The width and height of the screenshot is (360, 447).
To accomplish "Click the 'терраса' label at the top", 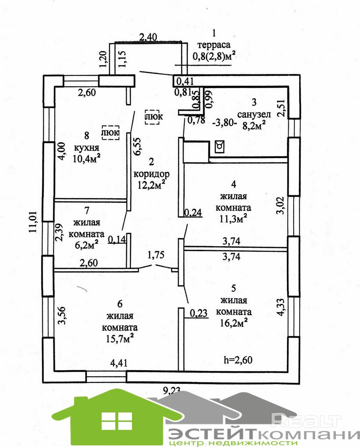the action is click(x=214, y=45).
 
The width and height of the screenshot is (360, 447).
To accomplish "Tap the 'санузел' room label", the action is click(x=255, y=114).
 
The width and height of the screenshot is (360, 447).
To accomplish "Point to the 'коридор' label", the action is click(x=151, y=173).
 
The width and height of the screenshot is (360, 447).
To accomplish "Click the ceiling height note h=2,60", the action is click(x=238, y=360).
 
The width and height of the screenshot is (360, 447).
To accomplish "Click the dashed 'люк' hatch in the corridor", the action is click(x=153, y=117).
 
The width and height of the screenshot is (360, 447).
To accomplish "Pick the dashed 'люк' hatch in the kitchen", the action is click(x=110, y=132).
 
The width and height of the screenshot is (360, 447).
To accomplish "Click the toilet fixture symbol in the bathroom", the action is click(x=220, y=146).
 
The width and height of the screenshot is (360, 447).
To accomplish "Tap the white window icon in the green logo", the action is click(x=117, y=420).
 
